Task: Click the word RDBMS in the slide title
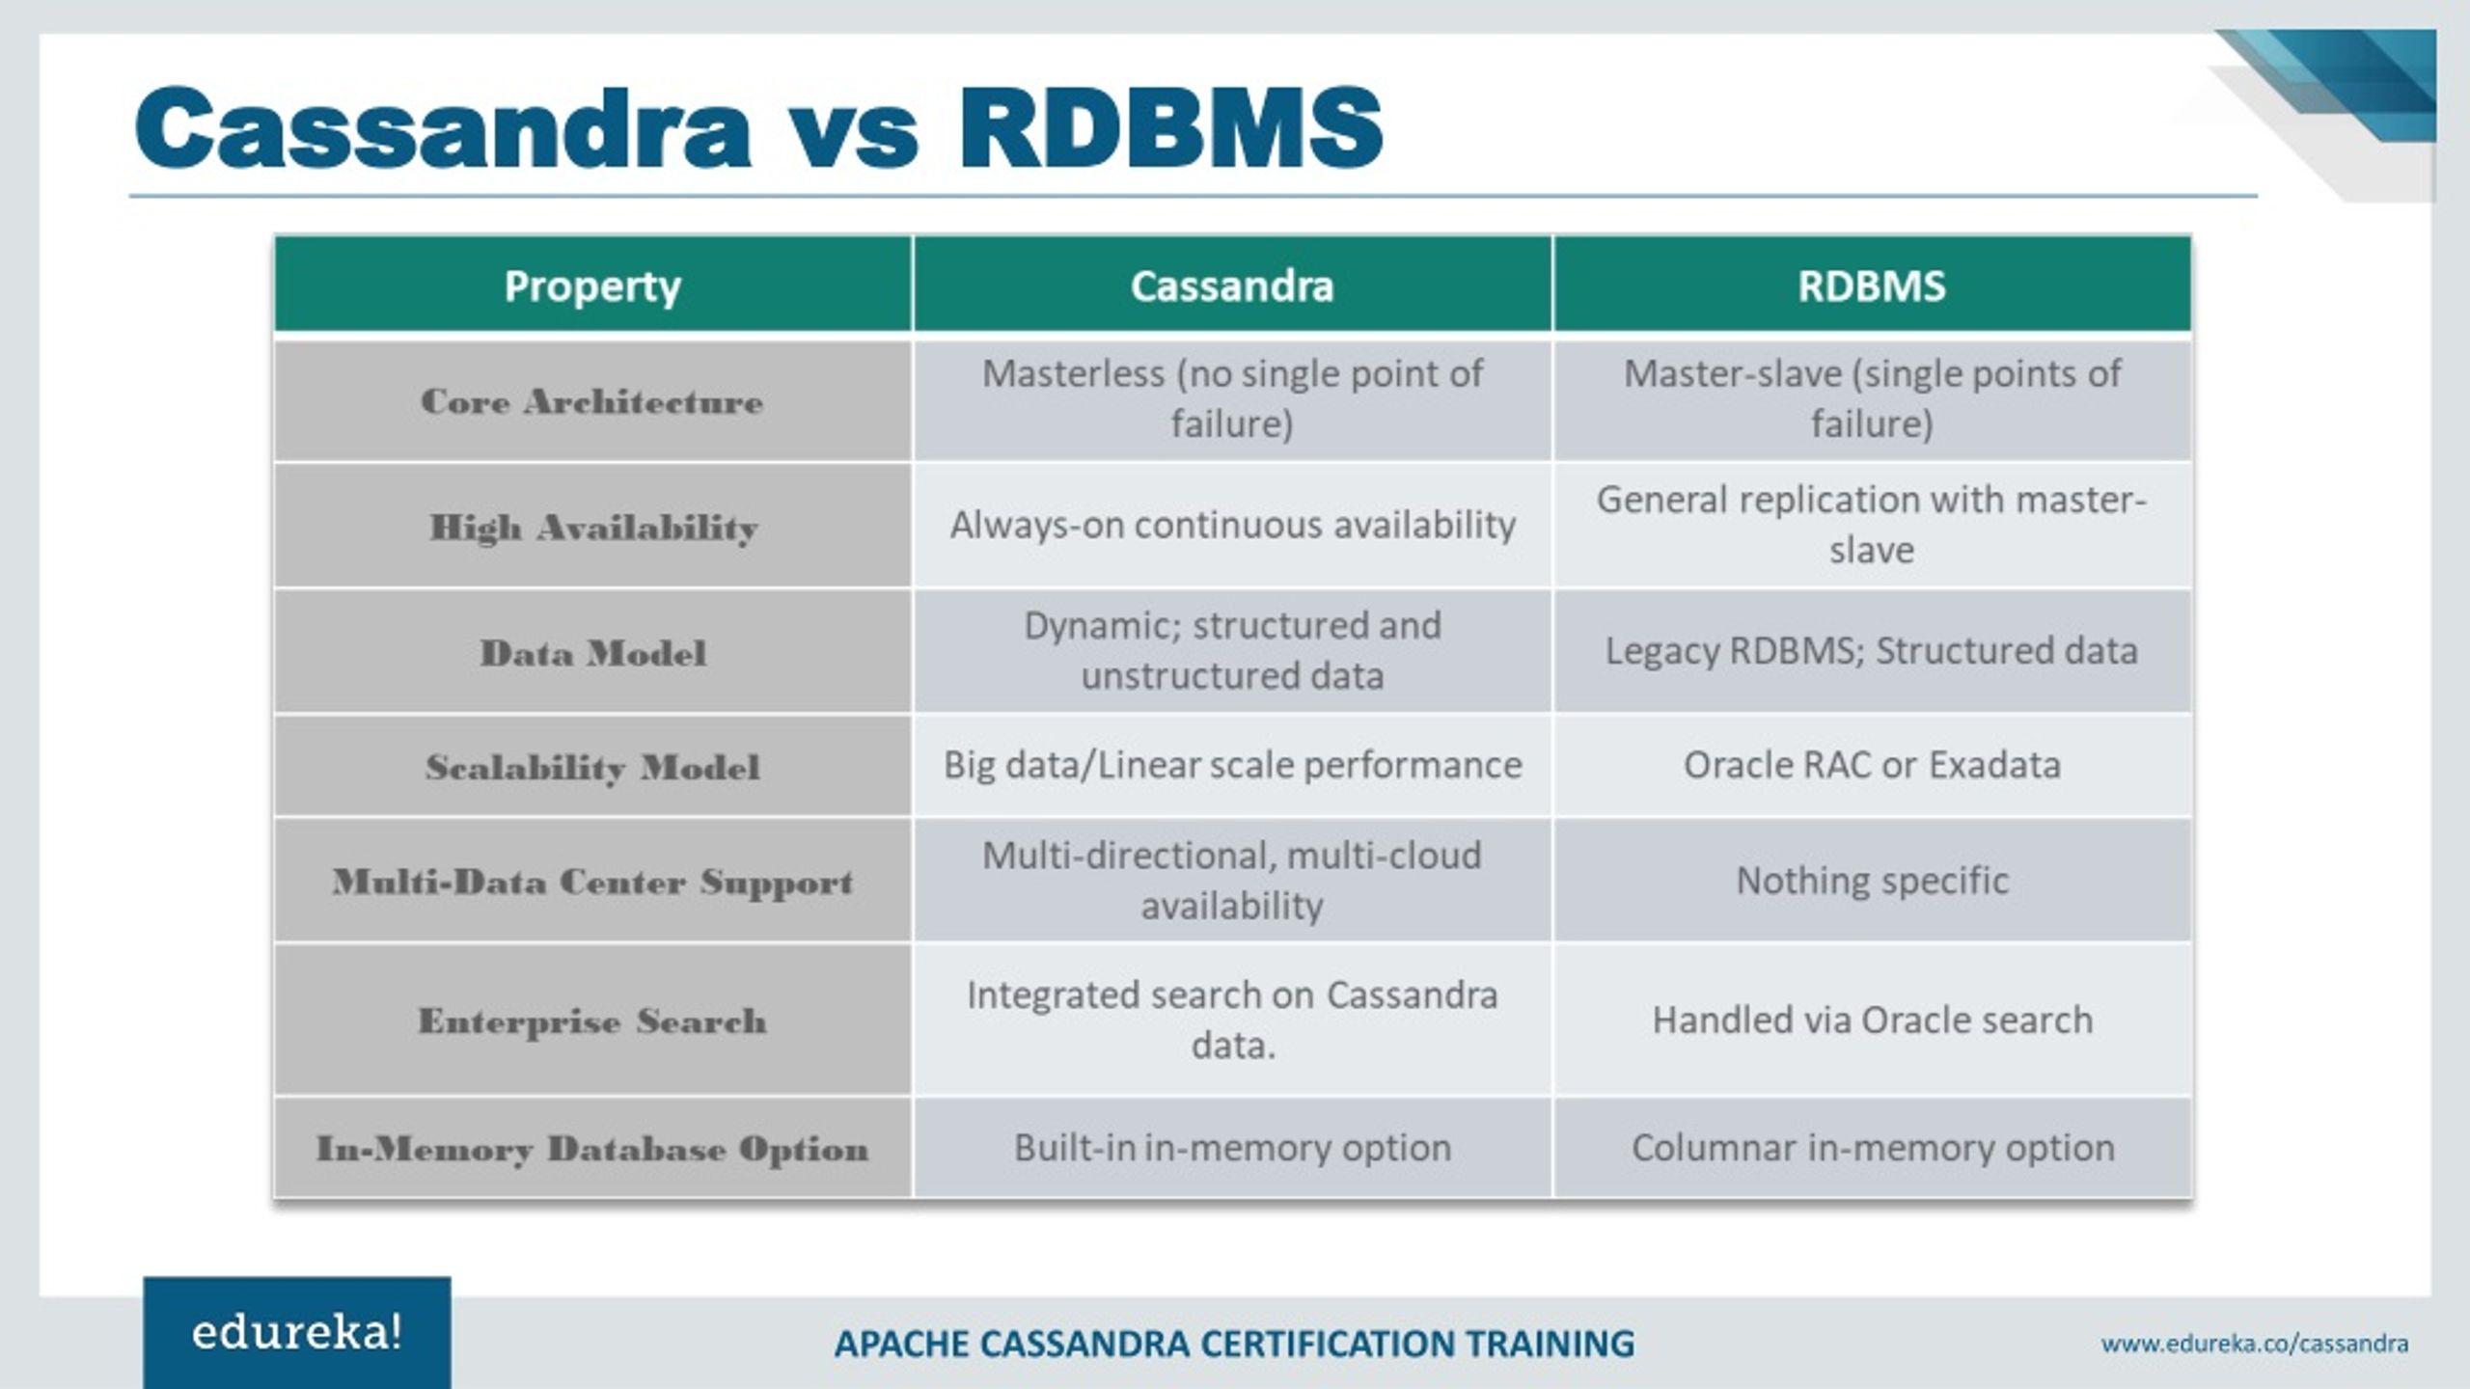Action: pos(1169,128)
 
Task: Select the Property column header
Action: pos(592,286)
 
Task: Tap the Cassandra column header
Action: pos(1232,286)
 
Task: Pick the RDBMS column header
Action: pos(1871,286)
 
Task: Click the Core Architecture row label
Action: pos(592,401)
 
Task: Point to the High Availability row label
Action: pos(592,527)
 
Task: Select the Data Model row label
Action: pos(592,653)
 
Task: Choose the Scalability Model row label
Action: pos(592,767)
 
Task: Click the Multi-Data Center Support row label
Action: pos(592,882)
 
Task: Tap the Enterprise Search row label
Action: pos(592,1021)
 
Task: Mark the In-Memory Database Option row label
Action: pos(592,1149)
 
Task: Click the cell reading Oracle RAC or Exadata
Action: pos(1872,765)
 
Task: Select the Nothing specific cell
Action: pos(1872,881)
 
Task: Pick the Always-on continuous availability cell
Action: pos(1232,526)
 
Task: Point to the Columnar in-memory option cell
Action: pos(1872,1148)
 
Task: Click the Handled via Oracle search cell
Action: pos(1872,1020)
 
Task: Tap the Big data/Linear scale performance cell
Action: pos(1232,765)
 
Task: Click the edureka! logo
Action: pos(297,1333)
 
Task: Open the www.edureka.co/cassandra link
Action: pos(2254,1344)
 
